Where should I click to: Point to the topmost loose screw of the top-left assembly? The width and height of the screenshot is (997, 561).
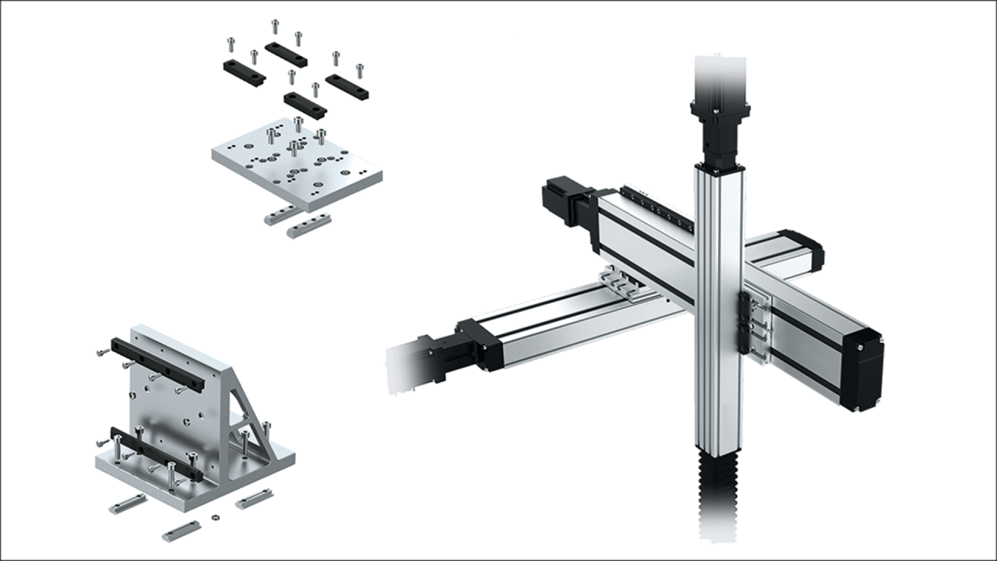[x=275, y=25]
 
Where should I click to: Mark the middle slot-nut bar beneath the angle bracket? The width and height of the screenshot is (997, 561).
[x=181, y=530]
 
